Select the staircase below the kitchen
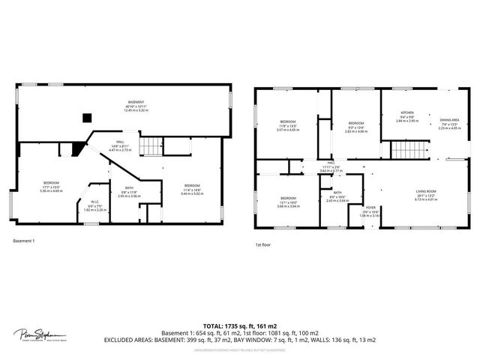coord(409,150)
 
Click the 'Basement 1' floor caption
coord(24,241)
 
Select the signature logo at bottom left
coord(40,334)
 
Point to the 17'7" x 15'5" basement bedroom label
coord(52,186)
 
